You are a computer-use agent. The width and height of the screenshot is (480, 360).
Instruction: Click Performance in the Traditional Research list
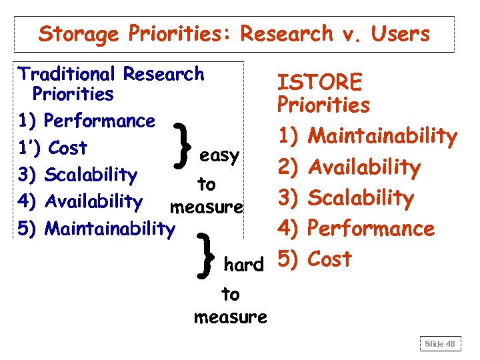99,121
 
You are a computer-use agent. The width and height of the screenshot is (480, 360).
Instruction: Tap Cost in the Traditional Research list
68,147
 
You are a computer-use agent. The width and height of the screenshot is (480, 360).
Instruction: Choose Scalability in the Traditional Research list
91,175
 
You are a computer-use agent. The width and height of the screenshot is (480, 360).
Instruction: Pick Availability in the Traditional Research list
93,201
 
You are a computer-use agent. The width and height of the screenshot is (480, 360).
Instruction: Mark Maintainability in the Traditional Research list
109,229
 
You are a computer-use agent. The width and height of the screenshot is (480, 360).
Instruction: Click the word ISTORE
320,83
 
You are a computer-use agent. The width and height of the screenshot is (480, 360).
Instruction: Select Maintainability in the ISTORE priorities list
383,137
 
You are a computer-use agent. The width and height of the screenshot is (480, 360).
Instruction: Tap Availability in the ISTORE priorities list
365,167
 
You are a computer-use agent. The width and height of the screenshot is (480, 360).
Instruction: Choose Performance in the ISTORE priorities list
372,229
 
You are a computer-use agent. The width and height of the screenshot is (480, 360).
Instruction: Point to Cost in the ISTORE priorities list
331,259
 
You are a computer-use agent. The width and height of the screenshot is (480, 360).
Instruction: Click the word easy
219,156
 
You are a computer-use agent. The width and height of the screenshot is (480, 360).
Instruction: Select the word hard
243,265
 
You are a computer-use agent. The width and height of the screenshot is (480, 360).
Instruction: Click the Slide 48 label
441,343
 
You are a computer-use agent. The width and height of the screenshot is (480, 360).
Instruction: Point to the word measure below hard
231,317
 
